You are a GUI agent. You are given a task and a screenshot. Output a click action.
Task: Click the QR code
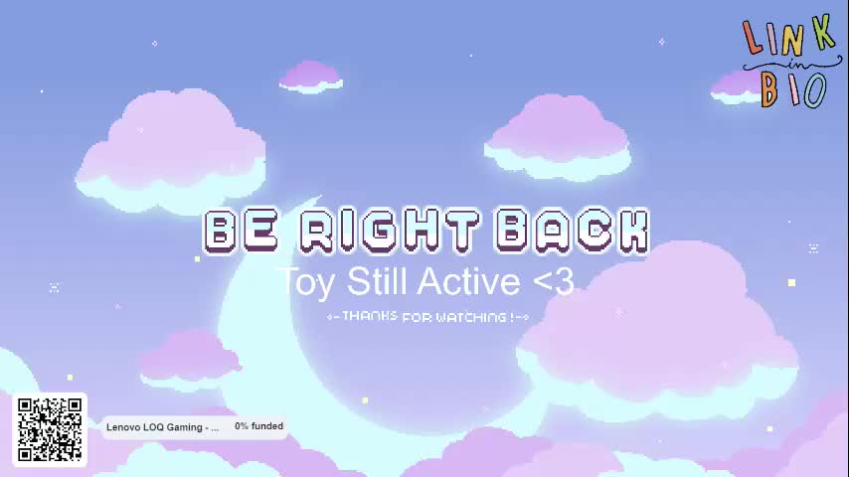(x=50, y=429)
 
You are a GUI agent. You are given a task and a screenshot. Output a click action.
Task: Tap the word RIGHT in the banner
(x=390, y=231)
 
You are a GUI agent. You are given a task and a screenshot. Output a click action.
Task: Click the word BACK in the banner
(x=573, y=231)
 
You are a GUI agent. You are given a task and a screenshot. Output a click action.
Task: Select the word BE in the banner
(x=242, y=232)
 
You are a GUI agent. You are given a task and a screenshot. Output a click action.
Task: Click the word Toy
(x=307, y=282)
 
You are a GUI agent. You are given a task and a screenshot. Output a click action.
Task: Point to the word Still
(x=377, y=281)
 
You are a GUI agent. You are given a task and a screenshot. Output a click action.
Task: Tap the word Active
(x=468, y=281)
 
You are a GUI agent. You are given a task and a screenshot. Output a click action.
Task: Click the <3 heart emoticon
(x=554, y=281)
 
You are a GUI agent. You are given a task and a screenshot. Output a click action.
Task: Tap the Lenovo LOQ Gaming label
(x=162, y=427)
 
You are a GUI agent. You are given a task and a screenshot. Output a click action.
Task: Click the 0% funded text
(x=258, y=426)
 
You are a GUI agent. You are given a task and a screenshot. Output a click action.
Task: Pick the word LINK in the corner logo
(x=789, y=35)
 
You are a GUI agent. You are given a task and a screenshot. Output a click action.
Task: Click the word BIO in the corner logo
(x=793, y=89)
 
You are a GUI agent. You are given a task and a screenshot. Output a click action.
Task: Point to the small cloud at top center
(x=311, y=77)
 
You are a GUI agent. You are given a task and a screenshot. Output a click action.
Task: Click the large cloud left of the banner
(x=171, y=152)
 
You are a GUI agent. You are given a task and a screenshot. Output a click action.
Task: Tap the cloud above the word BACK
(x=558, y=136)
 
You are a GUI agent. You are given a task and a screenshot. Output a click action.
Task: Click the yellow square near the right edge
(x=791, y=282)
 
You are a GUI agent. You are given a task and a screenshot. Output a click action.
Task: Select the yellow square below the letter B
(x=197, y=259)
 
